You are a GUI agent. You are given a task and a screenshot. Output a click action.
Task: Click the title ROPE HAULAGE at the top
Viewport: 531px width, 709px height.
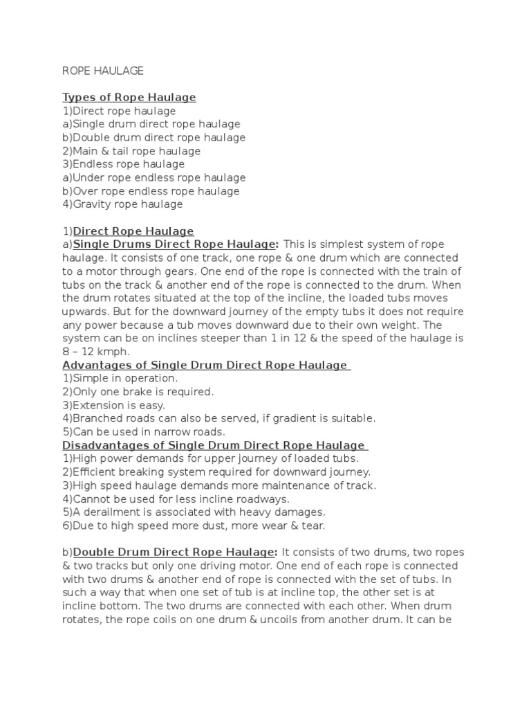[103, 71]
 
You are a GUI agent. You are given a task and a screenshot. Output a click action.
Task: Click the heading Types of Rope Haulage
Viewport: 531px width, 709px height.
[129, 98]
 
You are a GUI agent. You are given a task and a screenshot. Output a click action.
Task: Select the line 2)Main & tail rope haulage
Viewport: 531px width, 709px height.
[131, 151]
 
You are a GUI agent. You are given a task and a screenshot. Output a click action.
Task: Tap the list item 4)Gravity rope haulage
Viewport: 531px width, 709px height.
[122, 204]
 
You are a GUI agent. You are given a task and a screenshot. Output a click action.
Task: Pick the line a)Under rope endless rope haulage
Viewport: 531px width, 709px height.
[154, 178]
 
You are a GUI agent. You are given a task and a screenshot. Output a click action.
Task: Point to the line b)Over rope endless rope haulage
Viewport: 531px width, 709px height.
[151, 191]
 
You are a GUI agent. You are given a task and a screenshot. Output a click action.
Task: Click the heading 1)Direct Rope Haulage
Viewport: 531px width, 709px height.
[129, 231]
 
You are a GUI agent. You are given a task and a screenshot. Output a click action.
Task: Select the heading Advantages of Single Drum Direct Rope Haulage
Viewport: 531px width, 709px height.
[205, 365]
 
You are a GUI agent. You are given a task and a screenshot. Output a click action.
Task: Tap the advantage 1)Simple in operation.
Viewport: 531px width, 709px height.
[120, 379]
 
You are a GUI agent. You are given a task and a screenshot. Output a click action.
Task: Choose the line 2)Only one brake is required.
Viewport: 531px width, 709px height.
[138, 392]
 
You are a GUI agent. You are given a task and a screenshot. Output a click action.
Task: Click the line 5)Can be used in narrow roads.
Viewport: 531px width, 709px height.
[144, 432]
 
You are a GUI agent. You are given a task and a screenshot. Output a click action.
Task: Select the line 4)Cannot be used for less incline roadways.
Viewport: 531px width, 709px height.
[176, 499]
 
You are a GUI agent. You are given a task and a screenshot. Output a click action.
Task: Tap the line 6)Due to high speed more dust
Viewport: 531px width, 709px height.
[194, 526]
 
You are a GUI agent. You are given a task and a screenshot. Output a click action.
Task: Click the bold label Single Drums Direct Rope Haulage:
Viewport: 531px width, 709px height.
[176, 244]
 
